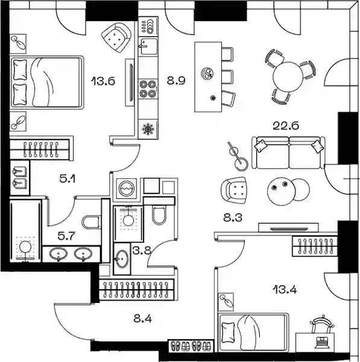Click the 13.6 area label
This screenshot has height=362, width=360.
click(x=103, y=81)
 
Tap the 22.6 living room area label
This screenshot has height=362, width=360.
click(x=286, y=126)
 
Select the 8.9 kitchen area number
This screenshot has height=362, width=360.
click(x=176, y=81)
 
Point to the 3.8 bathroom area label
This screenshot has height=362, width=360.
click(x=142, y=250)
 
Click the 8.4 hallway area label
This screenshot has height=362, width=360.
click(x=142, y=319)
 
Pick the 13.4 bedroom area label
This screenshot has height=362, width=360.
click(x=285, y=289)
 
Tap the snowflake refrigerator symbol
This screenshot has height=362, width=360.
click(x=148, y=129)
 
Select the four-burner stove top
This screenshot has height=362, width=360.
click(x=148, y=89)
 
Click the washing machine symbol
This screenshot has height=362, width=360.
click(x=126, y=188)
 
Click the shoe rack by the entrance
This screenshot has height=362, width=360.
click(x=191, y=346)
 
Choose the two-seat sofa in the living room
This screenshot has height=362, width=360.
click(x=288, y=152)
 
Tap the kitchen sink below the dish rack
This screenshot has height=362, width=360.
click(x=148, y=46)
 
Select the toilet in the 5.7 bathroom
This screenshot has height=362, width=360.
click(x=92, y=222)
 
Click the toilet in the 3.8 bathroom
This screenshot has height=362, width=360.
click(x=159, y=214)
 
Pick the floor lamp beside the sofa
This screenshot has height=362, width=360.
click(x=238, y=157)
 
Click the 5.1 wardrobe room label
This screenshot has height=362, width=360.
click(x=67, y=179)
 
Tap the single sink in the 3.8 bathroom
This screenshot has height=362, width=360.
click(x=122, y=258)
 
